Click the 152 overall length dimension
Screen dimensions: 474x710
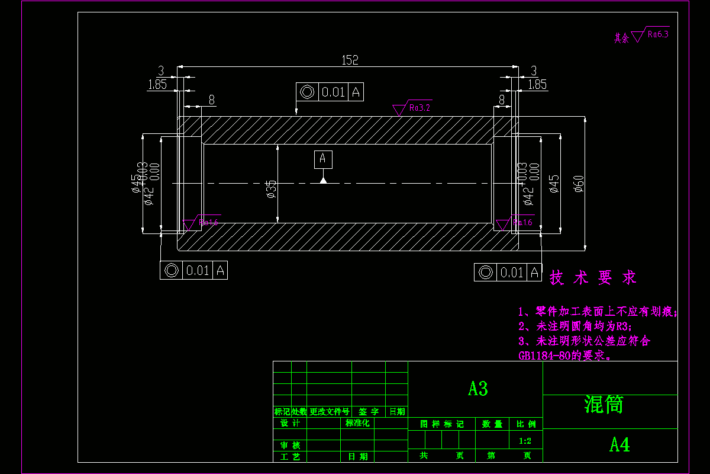[350, 60]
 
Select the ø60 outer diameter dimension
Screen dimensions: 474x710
[579, 184]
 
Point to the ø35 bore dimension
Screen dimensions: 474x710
[271, 188]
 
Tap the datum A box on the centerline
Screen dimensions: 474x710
[323, 159]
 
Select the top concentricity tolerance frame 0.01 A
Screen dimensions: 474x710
[330, 92]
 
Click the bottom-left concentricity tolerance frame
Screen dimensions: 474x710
[193, 270]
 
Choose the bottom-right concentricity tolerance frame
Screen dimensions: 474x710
[508, 272]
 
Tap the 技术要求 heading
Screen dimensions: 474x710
[593, 277]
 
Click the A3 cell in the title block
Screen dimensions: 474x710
[477, 389]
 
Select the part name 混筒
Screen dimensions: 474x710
[603, 405]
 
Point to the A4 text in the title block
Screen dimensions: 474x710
[619, 444]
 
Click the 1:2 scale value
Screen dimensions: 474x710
[525, 441]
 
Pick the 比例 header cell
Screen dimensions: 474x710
[525, 424]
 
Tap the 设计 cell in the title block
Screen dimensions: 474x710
[290, 423]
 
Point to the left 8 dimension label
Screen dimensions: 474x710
[211, 100]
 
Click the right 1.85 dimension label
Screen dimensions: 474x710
[537, 84]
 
